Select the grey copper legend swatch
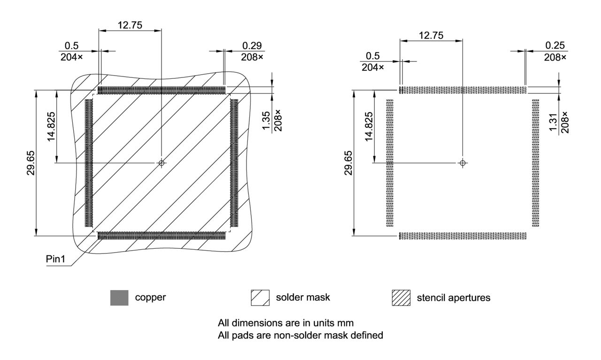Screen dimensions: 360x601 [x=119, y=298]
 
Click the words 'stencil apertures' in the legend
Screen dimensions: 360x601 [x=454, y=298]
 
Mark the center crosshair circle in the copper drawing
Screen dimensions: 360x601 [x=162, y=163]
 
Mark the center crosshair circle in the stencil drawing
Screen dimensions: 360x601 [x=463, y=163]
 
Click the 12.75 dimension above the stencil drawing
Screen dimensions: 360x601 [x=431, y=35]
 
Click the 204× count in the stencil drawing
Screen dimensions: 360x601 [x=373, y=68]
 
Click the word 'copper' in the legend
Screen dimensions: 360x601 [x=150, y=298]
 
